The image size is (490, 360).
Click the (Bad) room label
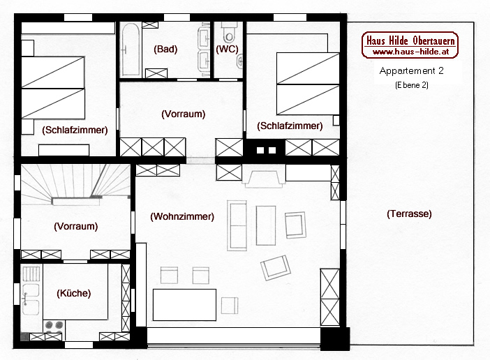pyautogui.click(x=165, y=49)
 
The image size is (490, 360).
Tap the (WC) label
pyautogui.click(x=227, y=49)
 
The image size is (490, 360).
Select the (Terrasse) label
pyautogui.click(x=409, y=214)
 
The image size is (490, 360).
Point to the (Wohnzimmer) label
pyautogui.click(x=182, y=216)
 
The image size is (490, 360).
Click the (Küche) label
pyautogui.click(x=74, y=293)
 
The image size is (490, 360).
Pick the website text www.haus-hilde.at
pyautogui.click(x=410, y=52)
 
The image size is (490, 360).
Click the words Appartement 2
pyautogui.click(x=411, y=71)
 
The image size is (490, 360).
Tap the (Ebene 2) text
pyautogui.click(x=412, y=85)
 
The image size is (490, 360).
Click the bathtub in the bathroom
pyautogui.click(x=131, y=50)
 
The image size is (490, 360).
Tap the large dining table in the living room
pyautogui.click(x=184, y=305)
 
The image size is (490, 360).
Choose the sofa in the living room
pyautogui.click(x=237, y=226)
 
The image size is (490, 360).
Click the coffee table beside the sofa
pyautogui.click(x=266, y=225)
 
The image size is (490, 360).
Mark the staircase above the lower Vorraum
pyautogui.click(x=75, y=184)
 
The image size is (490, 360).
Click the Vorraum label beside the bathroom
pyautogui.click(x=183, y=114)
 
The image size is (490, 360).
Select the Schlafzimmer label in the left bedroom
pyautogui.click(x=75, y=130)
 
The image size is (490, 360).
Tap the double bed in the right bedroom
pyautogui.click(x=308, y=84)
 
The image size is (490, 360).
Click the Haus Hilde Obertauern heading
pyautogui.click(x=410, y=40)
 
